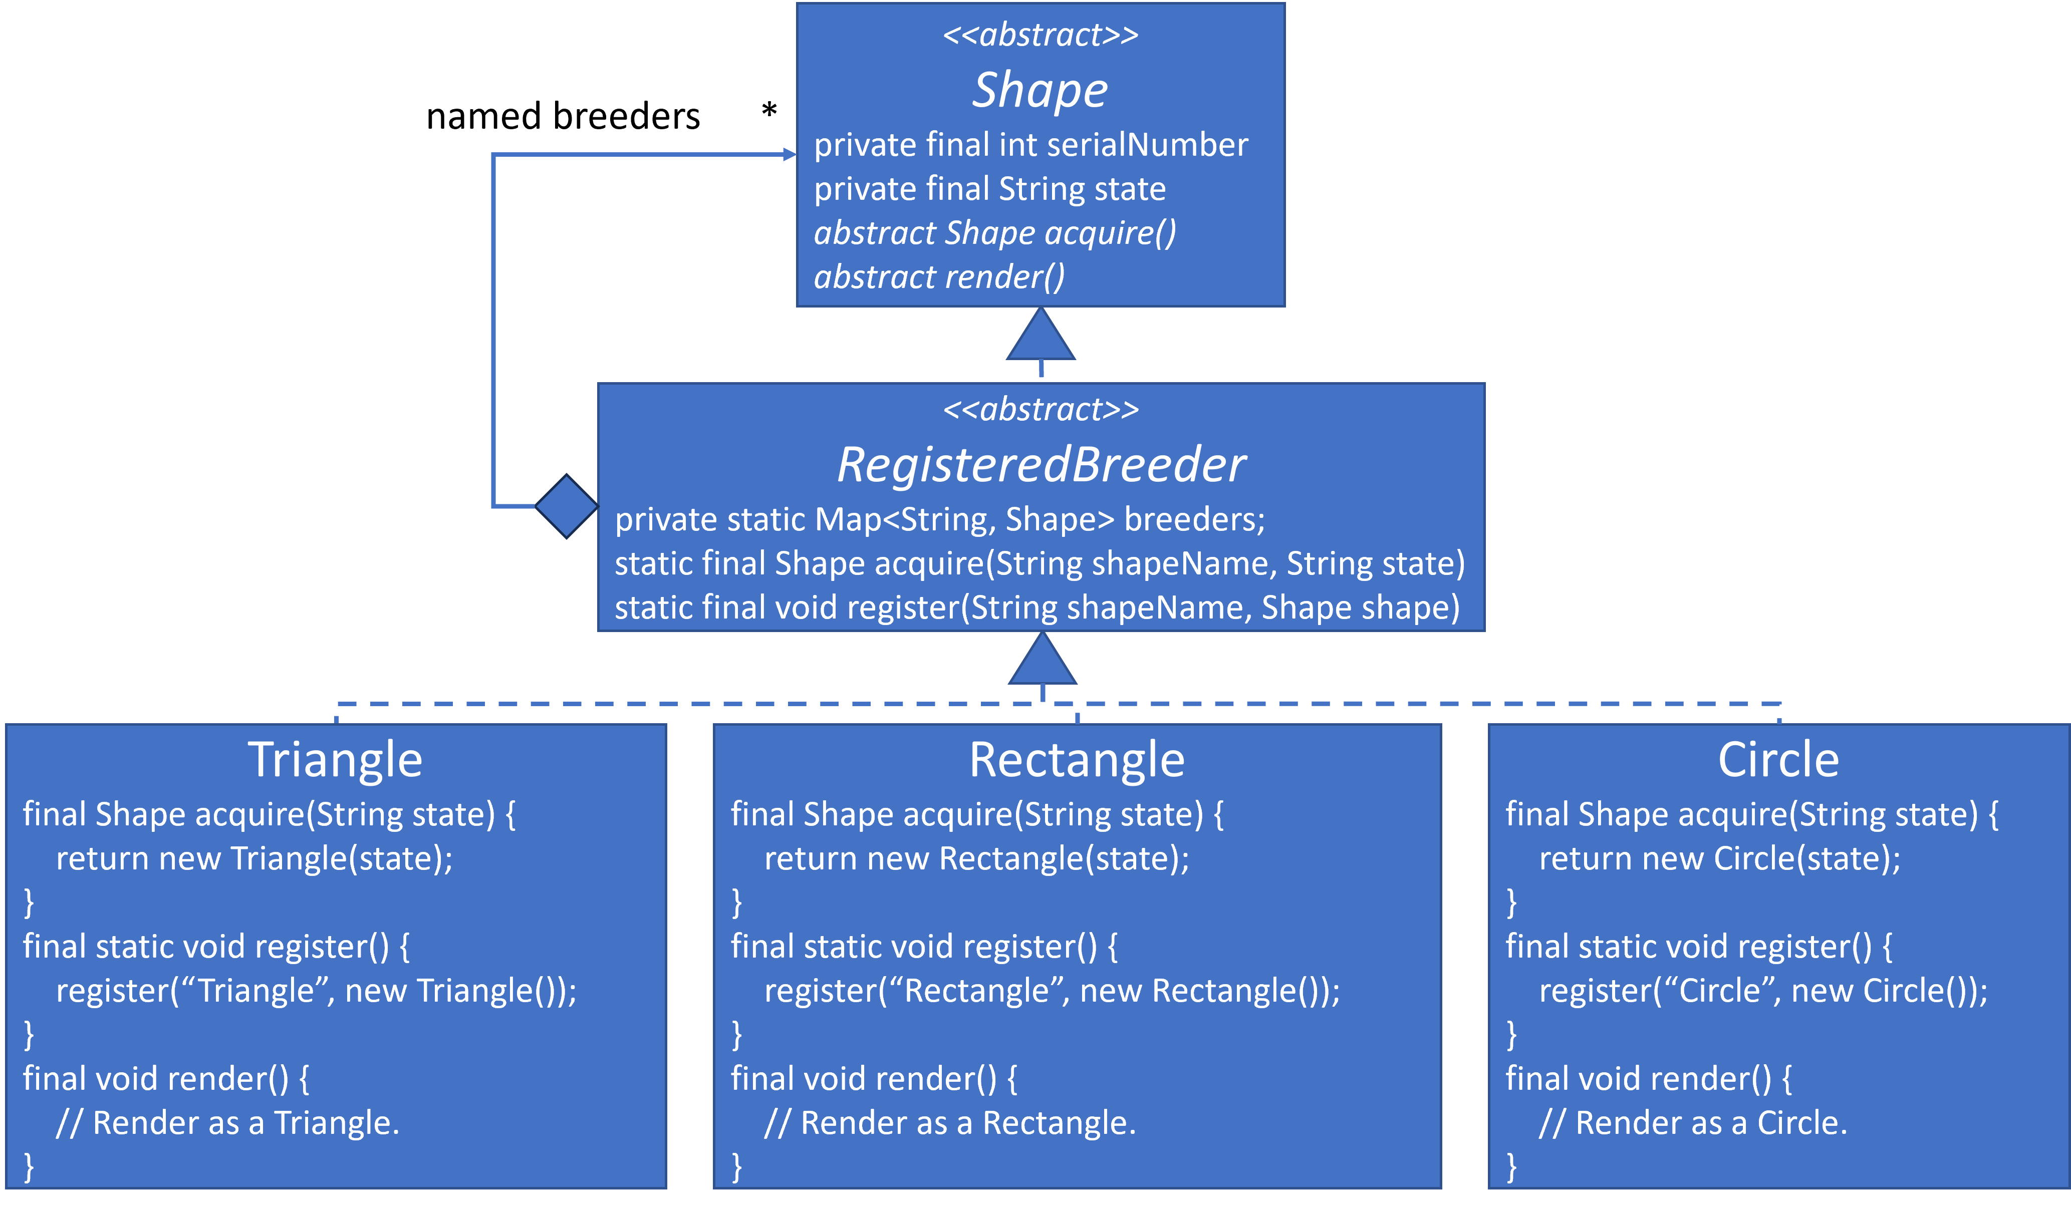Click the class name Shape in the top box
pos(1041,90)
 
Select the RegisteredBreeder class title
pos(1041,465)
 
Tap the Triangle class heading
pos(335,760)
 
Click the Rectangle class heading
pos(1077,760)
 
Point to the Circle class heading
pos(1778,760)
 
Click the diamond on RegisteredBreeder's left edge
pos(566,506)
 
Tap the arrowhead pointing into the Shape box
pos(789,154)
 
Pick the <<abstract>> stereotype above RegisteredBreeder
pos(1041,409)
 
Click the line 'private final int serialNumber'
pos(1030,145)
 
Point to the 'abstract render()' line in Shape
pos(938,277)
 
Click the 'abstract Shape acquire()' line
pos(994,233)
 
